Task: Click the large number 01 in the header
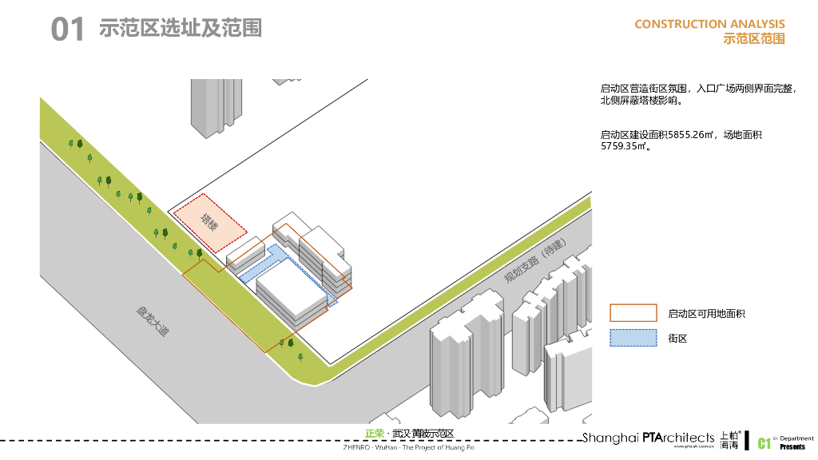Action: click(x=67, y=30)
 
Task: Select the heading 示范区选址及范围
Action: click(x=181, y=29)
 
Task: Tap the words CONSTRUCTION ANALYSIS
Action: click(x=709, y=25)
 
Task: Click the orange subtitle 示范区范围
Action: click(x=753, y=38)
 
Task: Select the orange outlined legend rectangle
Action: click(x=633, y=314)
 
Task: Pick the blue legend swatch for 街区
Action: click(x=633, y=338)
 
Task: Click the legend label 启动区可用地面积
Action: click(x=706, y=315)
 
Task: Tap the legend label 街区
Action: click(x=677, y=339)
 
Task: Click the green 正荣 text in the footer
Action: click(x=374, y=434)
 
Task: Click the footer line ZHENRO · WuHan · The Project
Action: click(x=408, y=448)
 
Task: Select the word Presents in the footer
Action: click(x=792, y=446)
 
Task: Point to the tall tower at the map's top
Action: click(x=214, y=104)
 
